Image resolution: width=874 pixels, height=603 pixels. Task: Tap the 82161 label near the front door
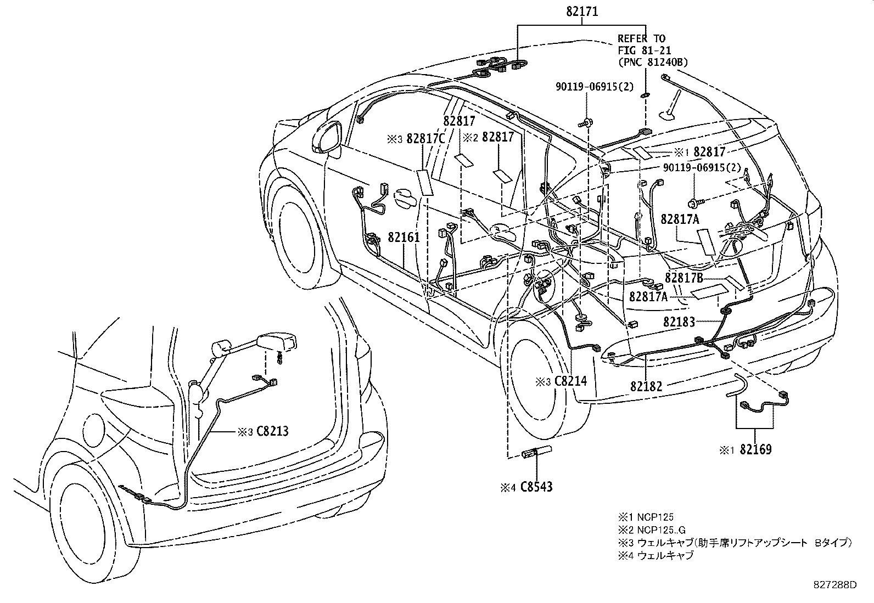pyautogui.click(x=404, y=238)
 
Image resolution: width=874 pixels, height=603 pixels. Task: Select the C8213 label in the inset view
pyautogui.click(x=272, y=431)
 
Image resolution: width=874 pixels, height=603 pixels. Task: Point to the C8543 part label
pyautogui.click(x=536, y=486)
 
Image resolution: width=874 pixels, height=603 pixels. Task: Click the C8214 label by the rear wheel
pyautogui.click(x=569, y=381)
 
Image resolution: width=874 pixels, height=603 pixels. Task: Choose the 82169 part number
pyautogui.click(x=755, y=450)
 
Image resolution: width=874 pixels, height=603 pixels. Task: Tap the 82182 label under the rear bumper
pyautogui.click(x=646, y=386)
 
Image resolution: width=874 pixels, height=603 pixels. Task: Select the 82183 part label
pyautogui.click(x=679, y=322)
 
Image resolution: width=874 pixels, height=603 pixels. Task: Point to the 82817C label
pyautogui.click(x=425, y=139)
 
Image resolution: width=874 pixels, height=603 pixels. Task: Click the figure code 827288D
pyautogui.click(x=835, y=585)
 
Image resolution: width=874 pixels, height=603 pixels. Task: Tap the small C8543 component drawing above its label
pyautogui.click(x=537, y=452)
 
